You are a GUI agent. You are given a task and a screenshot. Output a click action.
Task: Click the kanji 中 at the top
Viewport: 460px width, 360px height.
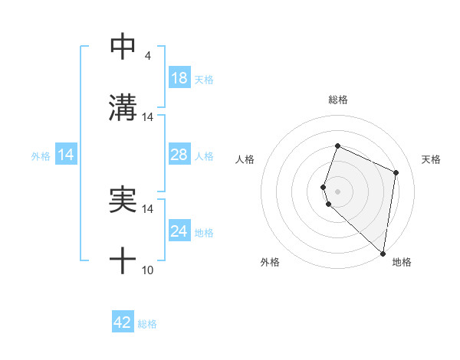tap(123, 47)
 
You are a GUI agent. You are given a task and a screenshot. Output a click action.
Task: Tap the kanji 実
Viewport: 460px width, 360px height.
tap(123, 200)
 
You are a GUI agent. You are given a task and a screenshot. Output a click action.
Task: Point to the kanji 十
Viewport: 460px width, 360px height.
tap(123, 261)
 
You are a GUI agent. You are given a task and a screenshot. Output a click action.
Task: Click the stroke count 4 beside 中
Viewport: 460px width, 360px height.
tap(147, 56)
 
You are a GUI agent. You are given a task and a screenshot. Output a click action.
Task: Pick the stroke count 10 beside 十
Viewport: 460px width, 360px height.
tap(148, 270)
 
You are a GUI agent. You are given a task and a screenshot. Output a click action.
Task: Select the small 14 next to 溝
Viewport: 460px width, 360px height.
tap(148, 117)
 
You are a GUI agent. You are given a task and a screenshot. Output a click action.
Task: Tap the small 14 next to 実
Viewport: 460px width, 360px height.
tap(148, 209)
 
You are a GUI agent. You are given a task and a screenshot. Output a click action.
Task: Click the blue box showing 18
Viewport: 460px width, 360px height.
tap(179, 78)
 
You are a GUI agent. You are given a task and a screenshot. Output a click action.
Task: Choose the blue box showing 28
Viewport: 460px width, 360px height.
tap(179, 155)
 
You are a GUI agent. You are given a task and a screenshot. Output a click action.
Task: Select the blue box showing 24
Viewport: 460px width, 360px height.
tap(179, 231)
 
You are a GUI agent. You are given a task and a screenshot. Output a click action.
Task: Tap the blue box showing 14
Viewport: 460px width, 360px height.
tap(66, 155)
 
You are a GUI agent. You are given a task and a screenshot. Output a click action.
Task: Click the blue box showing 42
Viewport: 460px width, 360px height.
tap(123, 322)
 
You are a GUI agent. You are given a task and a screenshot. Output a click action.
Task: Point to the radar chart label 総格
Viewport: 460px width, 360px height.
tap(338, 100)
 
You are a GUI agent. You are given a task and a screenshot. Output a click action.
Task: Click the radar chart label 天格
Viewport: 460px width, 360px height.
tap(431, 159)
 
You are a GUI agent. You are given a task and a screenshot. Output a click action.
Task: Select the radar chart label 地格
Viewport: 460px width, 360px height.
tap(402, 262)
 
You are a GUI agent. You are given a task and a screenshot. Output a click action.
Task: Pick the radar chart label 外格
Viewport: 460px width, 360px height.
tap(270, 262)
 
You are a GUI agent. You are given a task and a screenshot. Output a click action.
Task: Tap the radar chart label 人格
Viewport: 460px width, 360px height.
tap(245, 159)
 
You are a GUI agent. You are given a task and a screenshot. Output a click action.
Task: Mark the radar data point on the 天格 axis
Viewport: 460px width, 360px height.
tap(396, 172)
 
